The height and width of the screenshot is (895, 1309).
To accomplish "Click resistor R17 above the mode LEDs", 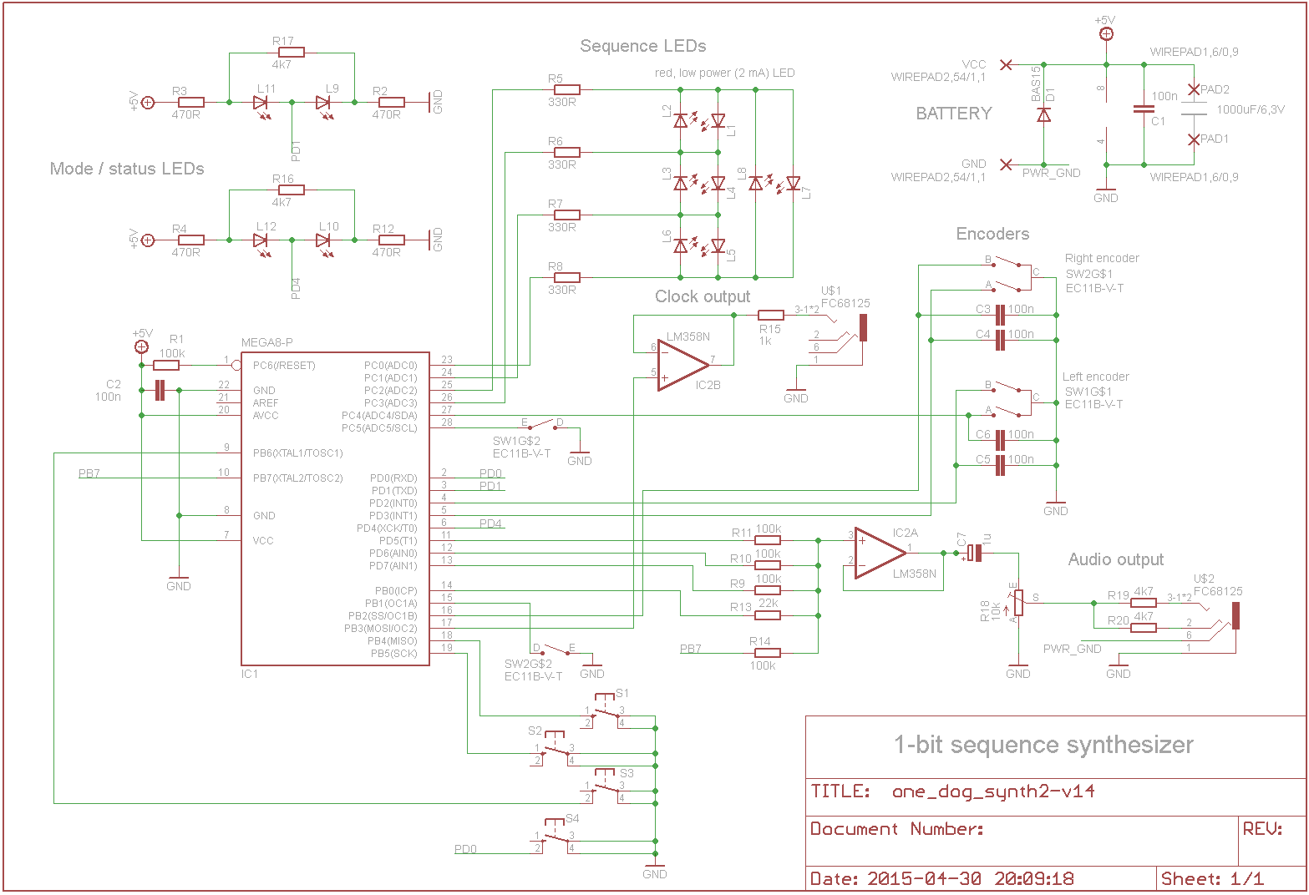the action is coord(291,53).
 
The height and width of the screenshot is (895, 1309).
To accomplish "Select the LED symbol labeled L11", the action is coord(261,103).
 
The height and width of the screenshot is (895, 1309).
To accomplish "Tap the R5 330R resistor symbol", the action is coord(567,90).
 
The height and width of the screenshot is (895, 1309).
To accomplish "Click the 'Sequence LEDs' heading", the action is coord(643,46).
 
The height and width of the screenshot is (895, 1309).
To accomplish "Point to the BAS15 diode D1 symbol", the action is coord(1043,115).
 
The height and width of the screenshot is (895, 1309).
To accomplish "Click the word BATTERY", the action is coord(954,114).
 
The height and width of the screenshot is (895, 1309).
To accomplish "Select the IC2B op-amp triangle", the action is coord(683,366).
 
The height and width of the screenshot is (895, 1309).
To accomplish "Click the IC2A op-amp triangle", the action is coord(880,554).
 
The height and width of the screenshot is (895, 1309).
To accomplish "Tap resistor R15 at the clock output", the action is coord(771,316).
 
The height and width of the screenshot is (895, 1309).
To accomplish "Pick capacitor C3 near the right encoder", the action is coord(1001,316).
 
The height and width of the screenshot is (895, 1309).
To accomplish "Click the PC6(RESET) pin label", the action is coord(284,366).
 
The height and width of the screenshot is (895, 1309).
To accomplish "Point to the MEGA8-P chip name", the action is coord(267,342).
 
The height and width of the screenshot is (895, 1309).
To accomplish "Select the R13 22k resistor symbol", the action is coord(768,616).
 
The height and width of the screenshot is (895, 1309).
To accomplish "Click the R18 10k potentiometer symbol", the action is coord(1018,603).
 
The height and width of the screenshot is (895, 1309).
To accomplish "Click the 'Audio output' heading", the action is coord(1115,559).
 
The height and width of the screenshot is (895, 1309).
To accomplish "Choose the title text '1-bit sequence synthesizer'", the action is coord(1043,745).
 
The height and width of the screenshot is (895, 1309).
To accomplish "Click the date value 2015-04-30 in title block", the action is coord(924,878).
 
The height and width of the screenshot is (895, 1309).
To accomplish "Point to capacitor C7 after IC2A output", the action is coord(974,553).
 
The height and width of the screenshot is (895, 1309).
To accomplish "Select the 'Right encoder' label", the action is coord(1102,258).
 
